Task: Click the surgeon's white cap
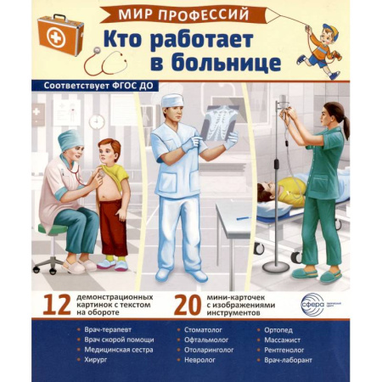pyautogui.click(x=172, y=100)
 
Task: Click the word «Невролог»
pyautogui.click(x=194, y=360)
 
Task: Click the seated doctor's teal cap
pyautogui.click(x=70, y=138)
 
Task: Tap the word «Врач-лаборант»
pyautogui.click(x=295, y=360)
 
